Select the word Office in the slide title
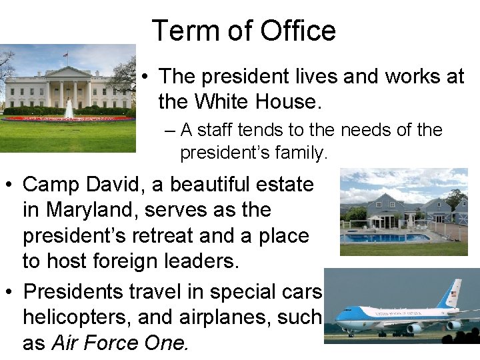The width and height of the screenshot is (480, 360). point(297,31)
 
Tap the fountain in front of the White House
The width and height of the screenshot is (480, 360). point(69,109)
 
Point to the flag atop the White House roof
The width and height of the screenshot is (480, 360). point(66,55)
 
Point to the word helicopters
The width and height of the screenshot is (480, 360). point(77,317)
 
